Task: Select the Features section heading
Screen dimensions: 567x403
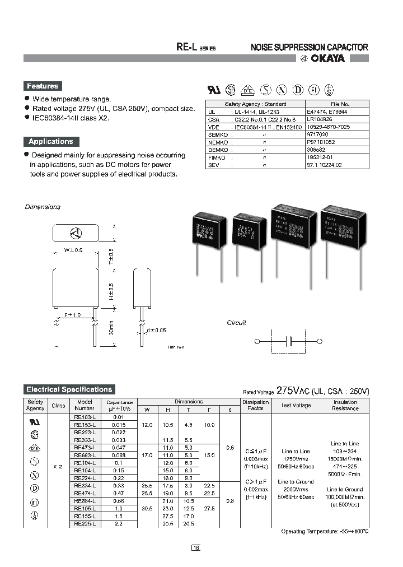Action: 43,86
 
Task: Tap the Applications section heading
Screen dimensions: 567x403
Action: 51,142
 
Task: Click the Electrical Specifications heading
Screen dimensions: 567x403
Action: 69,389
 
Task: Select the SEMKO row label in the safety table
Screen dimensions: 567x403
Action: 219,134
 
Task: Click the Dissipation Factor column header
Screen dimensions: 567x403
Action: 256,405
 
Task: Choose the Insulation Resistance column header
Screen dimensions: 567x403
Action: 345,405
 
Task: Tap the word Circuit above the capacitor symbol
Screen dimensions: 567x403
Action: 236,323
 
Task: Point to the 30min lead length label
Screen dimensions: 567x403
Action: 112,327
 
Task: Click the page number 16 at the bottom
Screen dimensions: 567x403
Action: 196,548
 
